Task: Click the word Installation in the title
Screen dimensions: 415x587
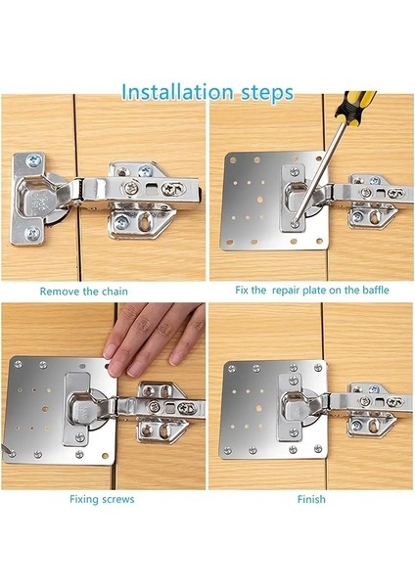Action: (x=177, y=93)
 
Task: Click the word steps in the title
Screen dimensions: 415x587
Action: (x=266, y=94)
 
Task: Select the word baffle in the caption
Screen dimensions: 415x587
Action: (x=375, y=291)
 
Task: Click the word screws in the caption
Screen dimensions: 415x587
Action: (x=118, y=499)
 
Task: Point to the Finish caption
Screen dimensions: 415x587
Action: (x=311, y=499)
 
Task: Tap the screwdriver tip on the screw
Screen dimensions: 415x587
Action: (x=296, y=223)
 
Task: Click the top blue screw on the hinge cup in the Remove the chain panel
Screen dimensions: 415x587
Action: (x=32, y=161)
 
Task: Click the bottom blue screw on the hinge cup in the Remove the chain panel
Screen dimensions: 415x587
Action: (x=32, y=233)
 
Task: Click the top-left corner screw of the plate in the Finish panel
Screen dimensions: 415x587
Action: (x=231, y=369)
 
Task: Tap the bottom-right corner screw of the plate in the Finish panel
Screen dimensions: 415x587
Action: (x=318, y=448)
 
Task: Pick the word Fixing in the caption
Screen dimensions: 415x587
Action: (x=83, y=499)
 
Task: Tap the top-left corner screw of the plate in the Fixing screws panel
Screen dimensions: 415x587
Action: (x=18, y=364)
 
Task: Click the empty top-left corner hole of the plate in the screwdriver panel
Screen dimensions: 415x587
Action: (x=233, y=160)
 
